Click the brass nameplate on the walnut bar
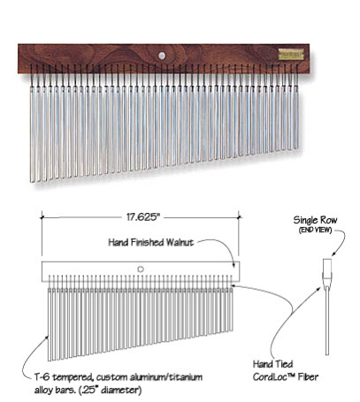click(287, 55)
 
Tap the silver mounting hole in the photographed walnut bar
click(162, 56)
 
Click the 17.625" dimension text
click(142, 217)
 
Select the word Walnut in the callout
click(180, 242)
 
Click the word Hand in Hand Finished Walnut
click(119, 242)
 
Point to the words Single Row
click(315, 220)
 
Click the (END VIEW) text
click(315, 230)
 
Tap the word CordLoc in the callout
click(272, 377)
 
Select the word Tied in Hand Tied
click(283, 364)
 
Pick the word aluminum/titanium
click(166, 377)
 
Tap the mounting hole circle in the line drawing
click(141, 269)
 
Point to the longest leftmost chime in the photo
click(32, 134)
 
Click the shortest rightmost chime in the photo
click(296, 118)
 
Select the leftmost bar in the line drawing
click(50, 324)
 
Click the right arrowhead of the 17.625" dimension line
click(239, 217)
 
